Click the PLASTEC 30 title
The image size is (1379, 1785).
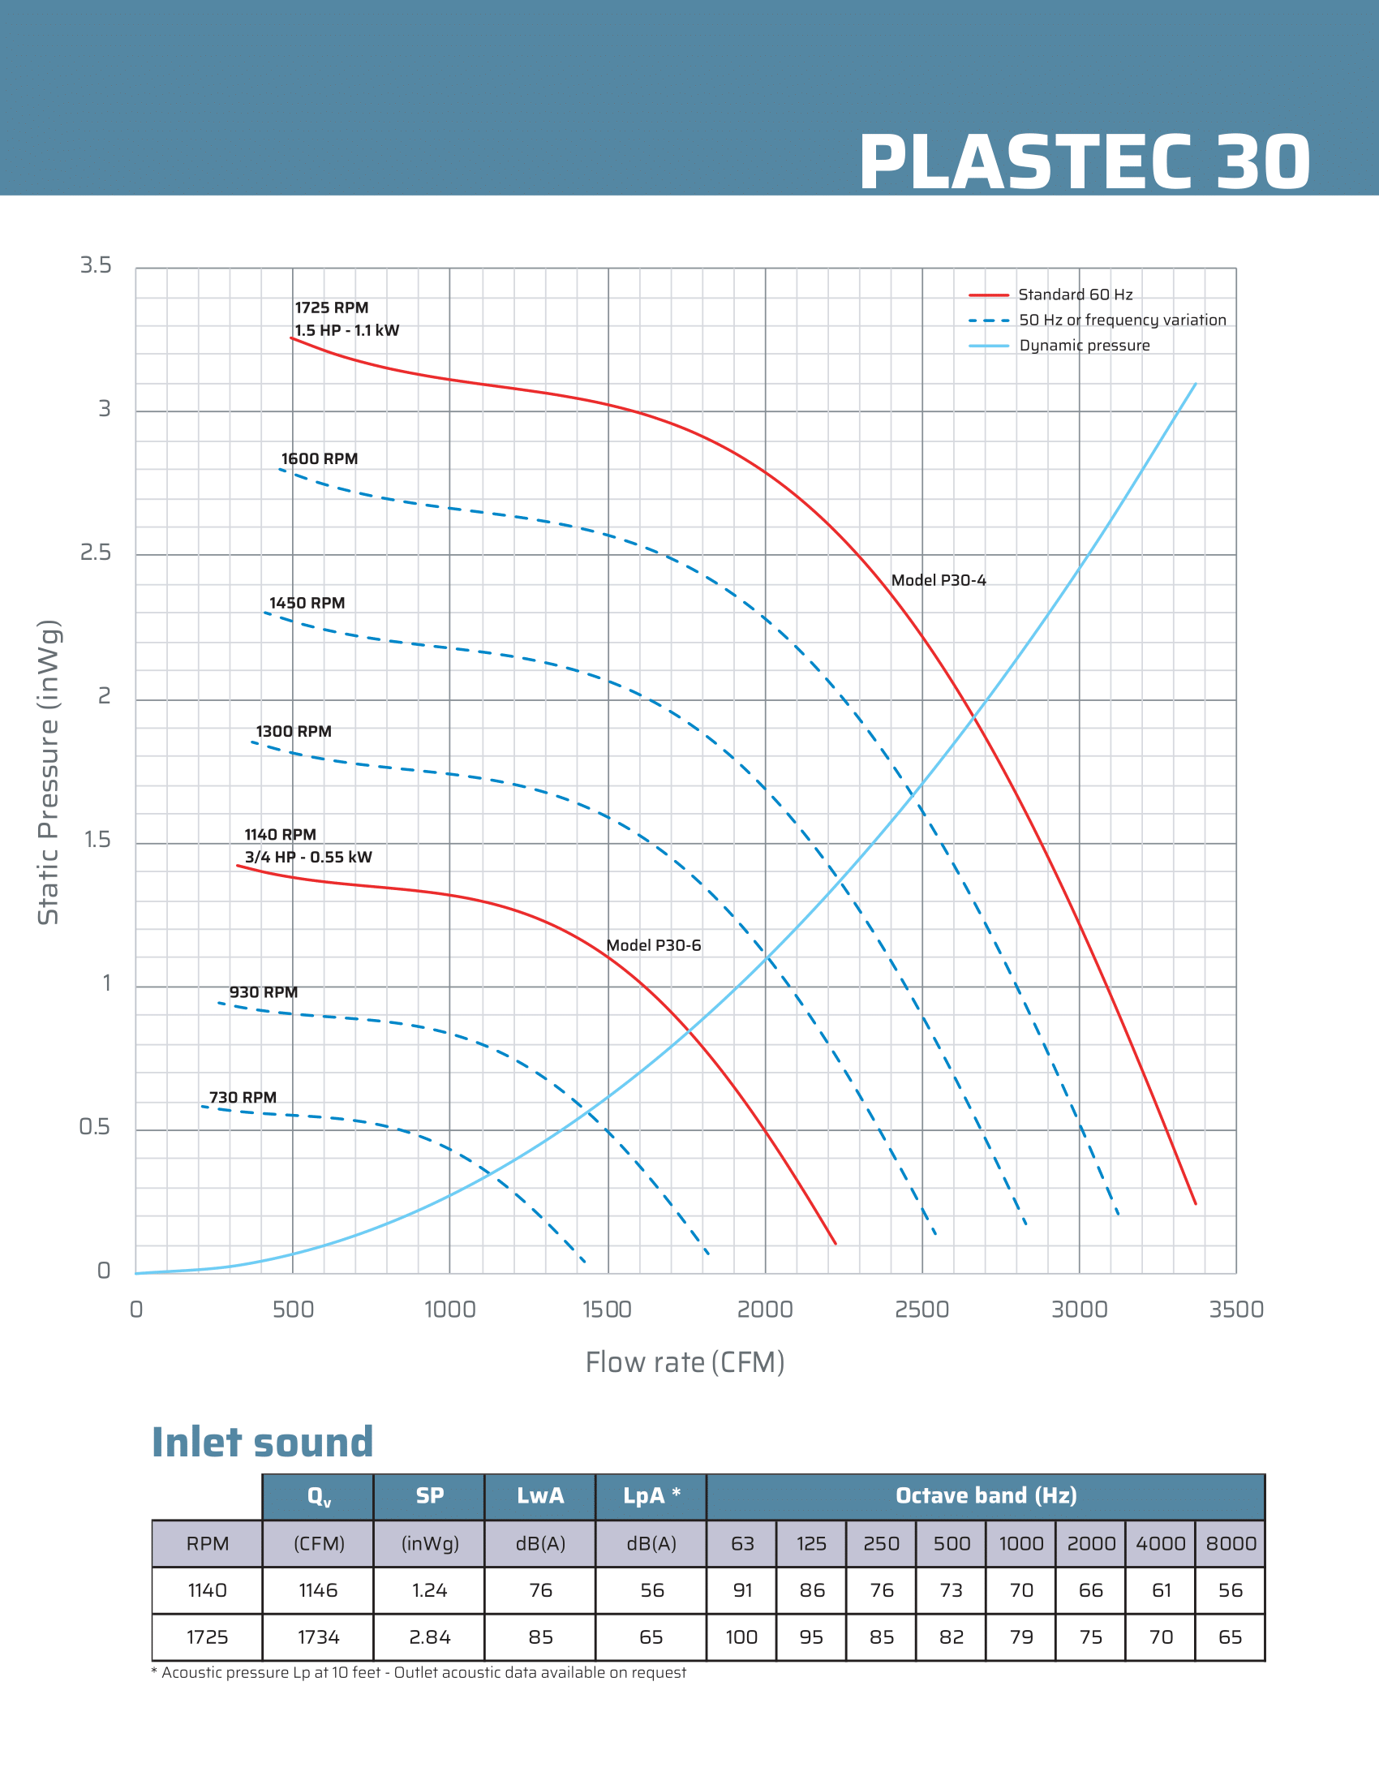tap(1084, 162)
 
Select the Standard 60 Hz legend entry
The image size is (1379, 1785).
tap(1074, 295)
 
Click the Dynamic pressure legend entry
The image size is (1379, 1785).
tap(1083, 346)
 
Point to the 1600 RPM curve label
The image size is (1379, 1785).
tap(320, 458)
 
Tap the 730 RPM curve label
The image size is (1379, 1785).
tap(243, 1097)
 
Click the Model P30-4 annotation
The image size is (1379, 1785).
tap(938, 580)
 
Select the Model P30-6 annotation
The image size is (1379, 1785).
tap(654, 944)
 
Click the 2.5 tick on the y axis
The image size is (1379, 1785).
tap(96, 553)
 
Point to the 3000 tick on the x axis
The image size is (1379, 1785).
tap(1079, 1310)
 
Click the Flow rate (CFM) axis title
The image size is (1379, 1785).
tap(685, 1362)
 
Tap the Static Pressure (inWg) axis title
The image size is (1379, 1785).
tap(48, 772)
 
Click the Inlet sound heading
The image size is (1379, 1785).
tap(262, 1442)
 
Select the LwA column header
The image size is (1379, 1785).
tap(540, 1495)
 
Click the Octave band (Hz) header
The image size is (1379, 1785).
tap(986, 1495)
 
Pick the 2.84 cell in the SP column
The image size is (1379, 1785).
tap(430, 1637)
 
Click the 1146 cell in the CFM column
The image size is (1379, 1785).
tap(318, 1589)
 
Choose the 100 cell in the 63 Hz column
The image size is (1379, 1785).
tap(741, 1637)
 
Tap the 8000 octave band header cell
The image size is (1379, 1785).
tap(1231, 1543)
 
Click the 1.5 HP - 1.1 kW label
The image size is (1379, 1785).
tap(346, 330)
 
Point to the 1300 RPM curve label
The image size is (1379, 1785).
tap(294, 732)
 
